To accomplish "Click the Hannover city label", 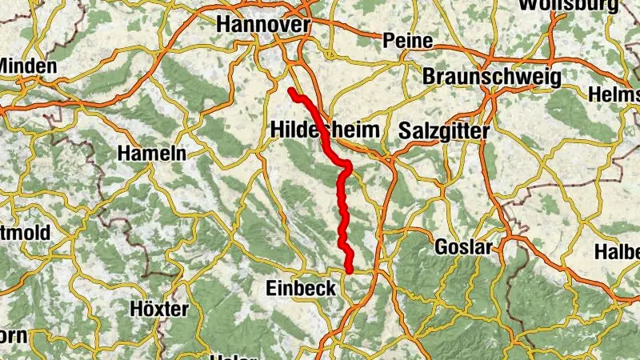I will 263,25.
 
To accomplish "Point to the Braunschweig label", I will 491,76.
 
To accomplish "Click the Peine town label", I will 408,40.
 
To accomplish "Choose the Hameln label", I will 152,153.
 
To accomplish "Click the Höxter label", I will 159,309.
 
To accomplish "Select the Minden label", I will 29,66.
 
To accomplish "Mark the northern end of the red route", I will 292,92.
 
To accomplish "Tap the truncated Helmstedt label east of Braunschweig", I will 614,94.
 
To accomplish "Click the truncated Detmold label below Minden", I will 25,233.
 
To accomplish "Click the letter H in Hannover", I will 224,25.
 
